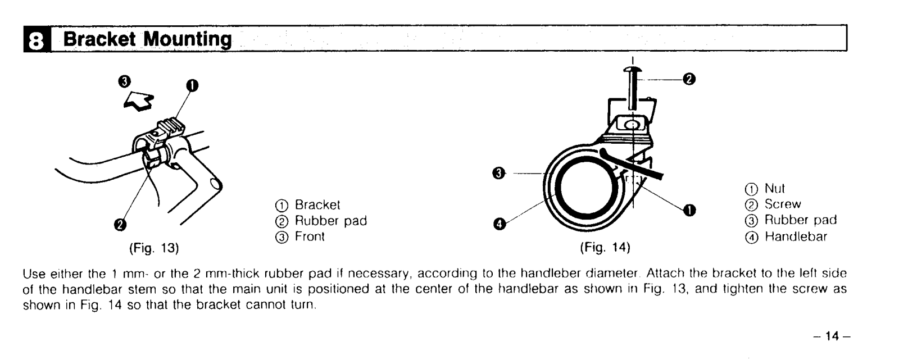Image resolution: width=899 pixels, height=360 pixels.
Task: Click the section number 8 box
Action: (37, 40)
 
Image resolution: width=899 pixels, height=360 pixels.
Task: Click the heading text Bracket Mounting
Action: (147, 39)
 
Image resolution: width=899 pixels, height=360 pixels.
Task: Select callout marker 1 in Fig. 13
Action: (192, 86)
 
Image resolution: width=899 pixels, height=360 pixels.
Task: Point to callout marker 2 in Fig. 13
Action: (120, 225)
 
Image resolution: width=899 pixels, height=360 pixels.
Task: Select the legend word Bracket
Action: (317, 206)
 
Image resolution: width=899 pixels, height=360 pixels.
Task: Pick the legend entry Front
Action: (310, 236)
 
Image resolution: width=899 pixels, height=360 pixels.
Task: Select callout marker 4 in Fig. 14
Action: (497, 225)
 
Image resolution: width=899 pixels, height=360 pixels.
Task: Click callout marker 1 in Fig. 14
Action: (687, 210)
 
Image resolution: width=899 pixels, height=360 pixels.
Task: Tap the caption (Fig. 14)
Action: (605, 247)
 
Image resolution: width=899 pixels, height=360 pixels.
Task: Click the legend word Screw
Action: (783, 204)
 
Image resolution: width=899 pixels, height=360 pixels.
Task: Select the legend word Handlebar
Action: (796, 236)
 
